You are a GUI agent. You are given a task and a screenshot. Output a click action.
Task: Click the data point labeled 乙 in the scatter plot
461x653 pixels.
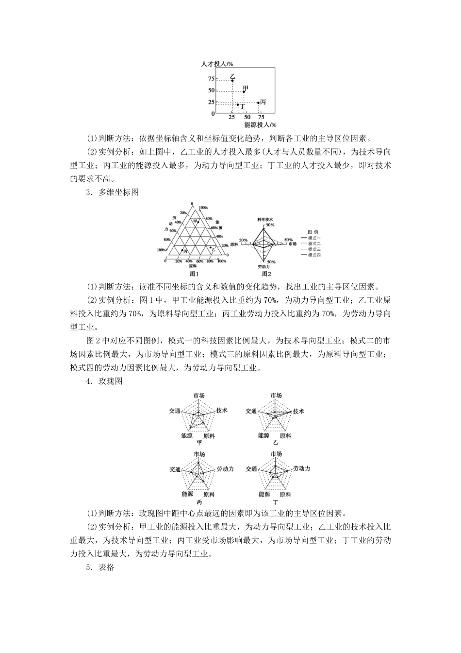coord(232,81)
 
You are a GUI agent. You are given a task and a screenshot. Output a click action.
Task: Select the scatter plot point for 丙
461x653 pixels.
coord(258,103)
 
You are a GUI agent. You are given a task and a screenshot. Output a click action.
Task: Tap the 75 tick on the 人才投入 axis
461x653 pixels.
coord(211,79)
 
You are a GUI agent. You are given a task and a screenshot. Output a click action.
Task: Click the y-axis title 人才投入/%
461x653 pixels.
coord(218,64)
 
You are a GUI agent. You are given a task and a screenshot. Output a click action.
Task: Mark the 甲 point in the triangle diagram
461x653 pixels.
coord(198,222)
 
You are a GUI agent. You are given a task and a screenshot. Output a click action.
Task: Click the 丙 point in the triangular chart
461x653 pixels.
coord(182,250)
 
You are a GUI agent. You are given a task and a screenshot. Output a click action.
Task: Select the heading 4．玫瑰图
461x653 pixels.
coord(104,381)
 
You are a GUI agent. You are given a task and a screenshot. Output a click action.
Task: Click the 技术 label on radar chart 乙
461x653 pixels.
coord(298,411)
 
